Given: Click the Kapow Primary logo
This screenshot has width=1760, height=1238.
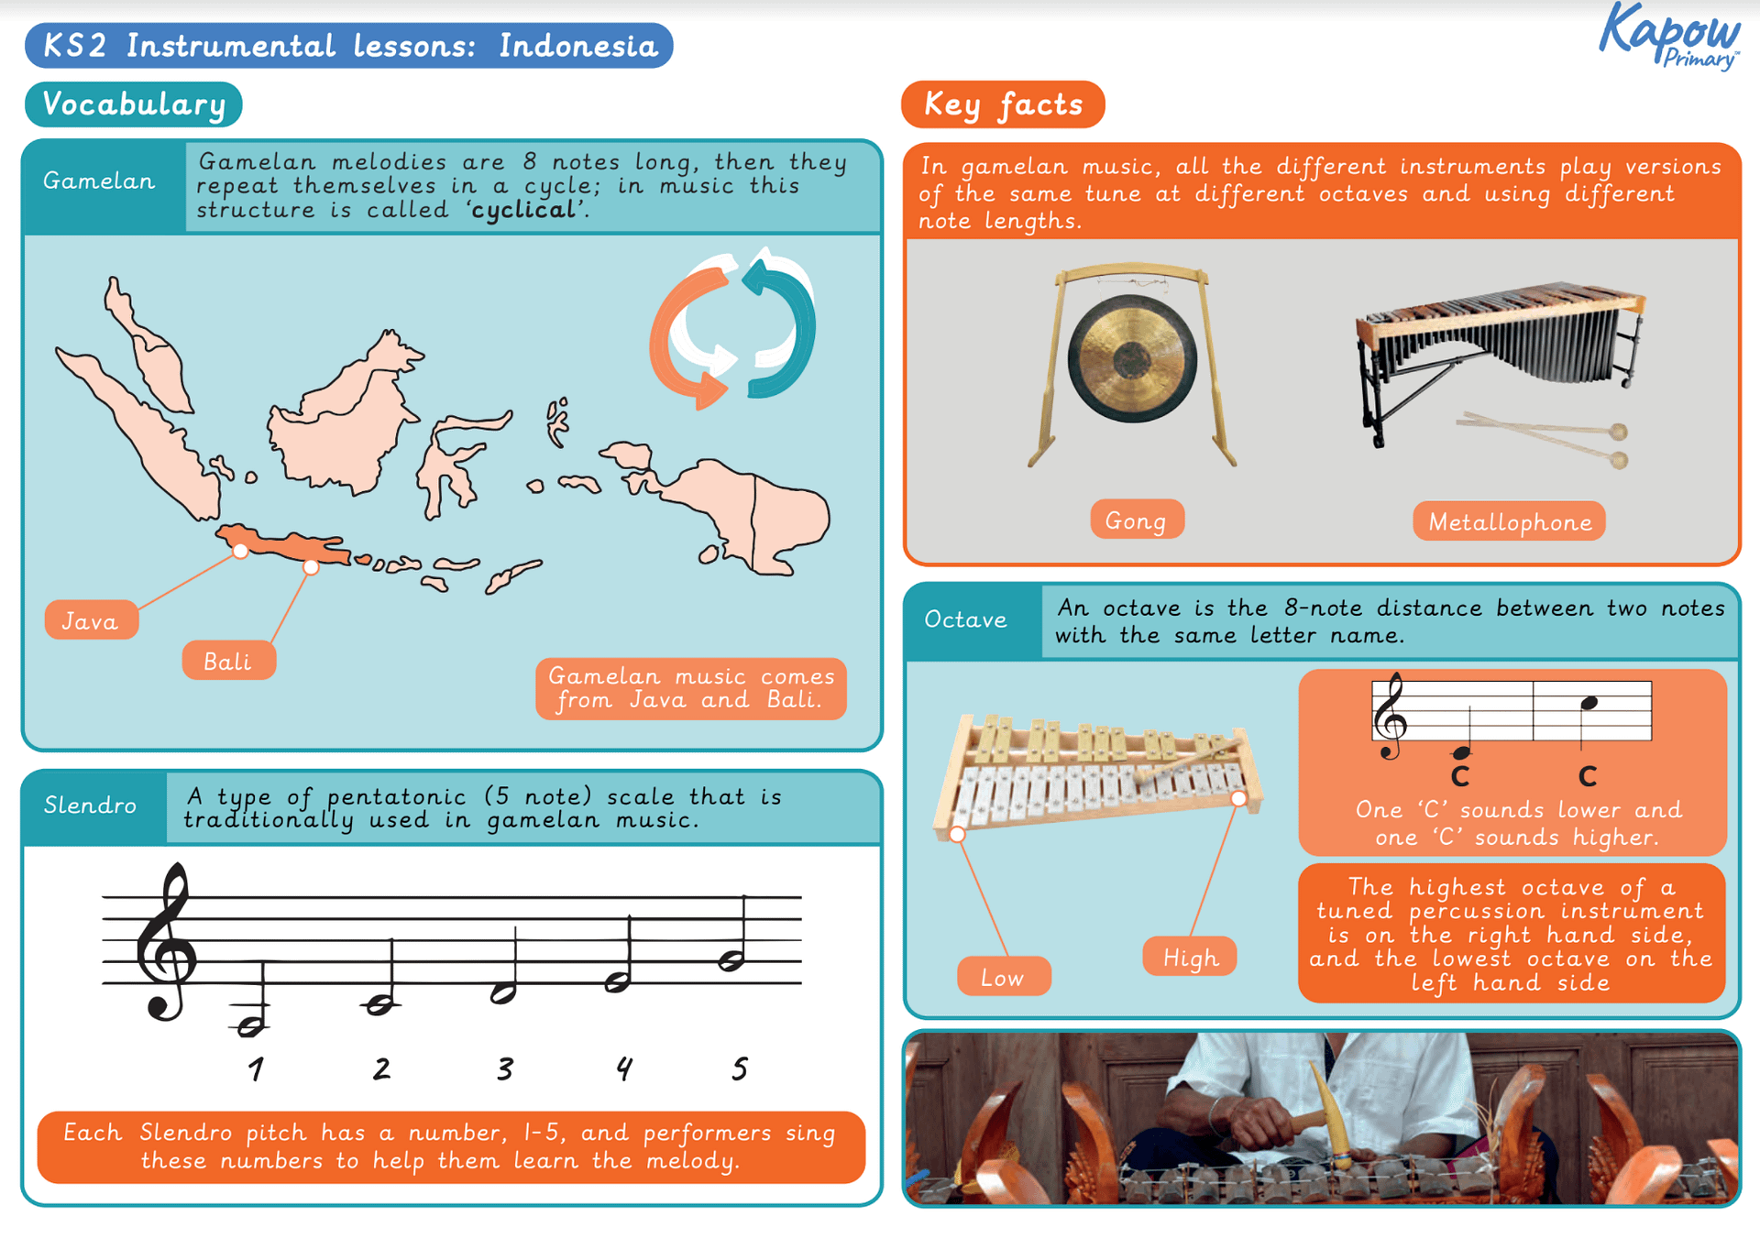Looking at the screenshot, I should coord(1670,37).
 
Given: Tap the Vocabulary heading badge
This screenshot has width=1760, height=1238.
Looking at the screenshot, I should coord(134,104).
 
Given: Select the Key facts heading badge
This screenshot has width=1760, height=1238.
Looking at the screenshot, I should coord(1003,104).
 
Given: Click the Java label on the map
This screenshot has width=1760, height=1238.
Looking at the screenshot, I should coord(91,620).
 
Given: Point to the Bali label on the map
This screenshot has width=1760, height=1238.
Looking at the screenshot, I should coord(228,661).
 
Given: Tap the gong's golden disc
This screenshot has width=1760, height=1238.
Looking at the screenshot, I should coord(1132,359).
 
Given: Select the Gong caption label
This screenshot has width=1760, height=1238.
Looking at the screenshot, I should coord(1136,520).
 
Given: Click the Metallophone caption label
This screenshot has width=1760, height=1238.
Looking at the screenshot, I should coord(1509,521).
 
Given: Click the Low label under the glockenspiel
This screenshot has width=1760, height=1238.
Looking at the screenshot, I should coord(1003,977).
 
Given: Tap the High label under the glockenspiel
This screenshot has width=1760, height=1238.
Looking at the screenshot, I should coord(1190,958).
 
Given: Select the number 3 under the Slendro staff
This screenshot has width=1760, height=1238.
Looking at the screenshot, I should coord(505,1068).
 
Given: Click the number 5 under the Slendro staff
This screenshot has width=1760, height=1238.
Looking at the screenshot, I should coord(740,1068).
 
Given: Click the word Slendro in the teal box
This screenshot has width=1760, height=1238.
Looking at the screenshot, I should coord(91,805).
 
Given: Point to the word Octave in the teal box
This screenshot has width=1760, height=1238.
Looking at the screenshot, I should coord(965,619).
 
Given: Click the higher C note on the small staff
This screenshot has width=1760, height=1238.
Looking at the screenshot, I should coord(1589,703).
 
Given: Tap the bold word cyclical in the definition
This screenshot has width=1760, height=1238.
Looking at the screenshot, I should coord(523,210).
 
